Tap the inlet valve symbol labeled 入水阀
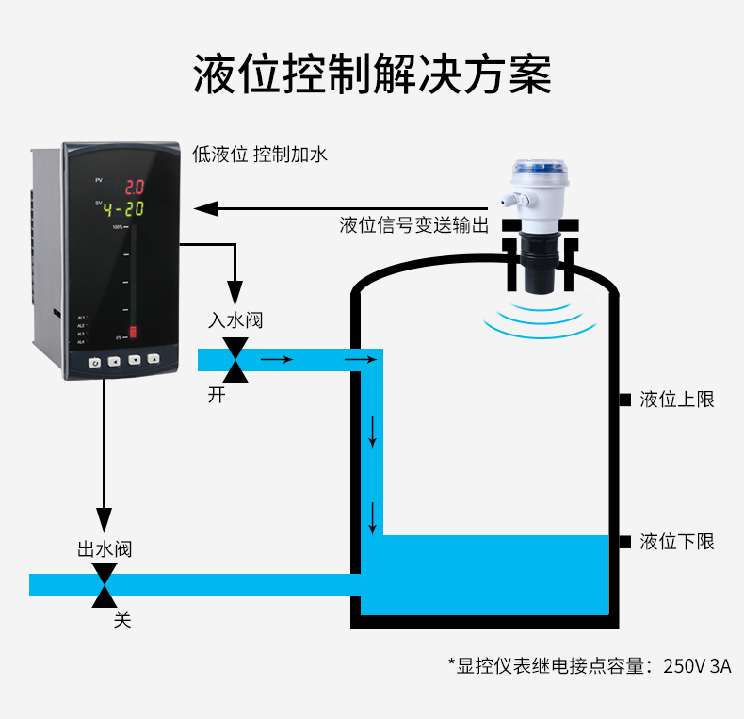click(x=236, y=359)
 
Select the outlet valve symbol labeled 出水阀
click(x=105, y=585)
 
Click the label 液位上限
click(x=676, y=400)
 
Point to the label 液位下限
click(x=676, y=541)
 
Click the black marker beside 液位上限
click(x=624, y=400)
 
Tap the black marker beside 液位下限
click(x=624, y=541)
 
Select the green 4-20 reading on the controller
click(x=122, y=208)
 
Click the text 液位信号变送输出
click(x=413, y=225)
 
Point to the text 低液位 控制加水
click(x=260, y=154)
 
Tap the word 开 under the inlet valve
click(x=218, y=395)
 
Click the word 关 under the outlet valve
click(x=122, y=620)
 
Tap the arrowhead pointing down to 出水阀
click(x=105, y=520)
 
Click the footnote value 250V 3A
click(x=697, y=666)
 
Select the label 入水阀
click(x=235, y=320)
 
